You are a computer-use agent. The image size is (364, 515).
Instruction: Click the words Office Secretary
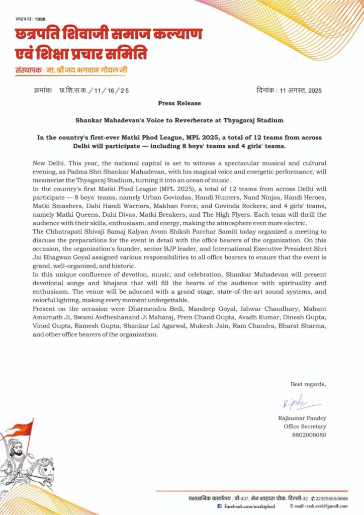(x=305, y=426)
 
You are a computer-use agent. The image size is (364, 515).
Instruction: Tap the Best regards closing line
(x=308, y=385)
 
